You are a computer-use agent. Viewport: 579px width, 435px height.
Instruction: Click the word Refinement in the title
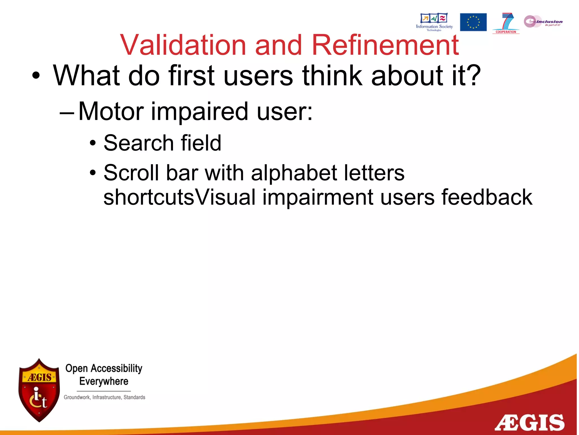pyautogui.click(x=385, y=45)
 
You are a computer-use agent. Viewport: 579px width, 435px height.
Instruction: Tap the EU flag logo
pyautogui.click(x=473, y=22)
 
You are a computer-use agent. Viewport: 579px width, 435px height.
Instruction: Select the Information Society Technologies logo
pyautogui.click(x=434, y=22)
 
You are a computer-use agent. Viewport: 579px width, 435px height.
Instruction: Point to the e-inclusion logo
pyautogui.click(x=543, y=22)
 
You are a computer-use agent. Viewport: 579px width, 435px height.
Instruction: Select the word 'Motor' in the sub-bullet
pyautogui.click(x=111, y=111)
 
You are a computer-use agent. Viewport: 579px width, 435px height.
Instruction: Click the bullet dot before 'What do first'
pyautogui.click(x=36, y=76)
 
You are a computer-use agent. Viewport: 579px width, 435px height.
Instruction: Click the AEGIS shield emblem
pyautogui.click(x=39, y=390)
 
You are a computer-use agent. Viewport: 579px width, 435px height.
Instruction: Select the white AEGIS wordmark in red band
pyautogui.click(x=530, y=423)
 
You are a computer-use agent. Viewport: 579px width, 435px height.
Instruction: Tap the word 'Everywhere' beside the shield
pyautogui.click(x=104, y=381)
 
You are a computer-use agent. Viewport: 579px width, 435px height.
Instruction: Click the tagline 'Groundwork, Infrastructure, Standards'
pyautogui.click(x=104, y=397)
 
